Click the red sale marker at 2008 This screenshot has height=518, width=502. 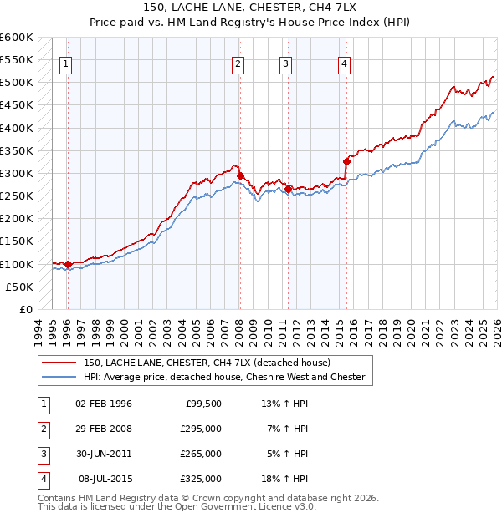pyautogui.click(x=240, y=176)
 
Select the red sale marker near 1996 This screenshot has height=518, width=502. pyautogui.click(x=68, y=264)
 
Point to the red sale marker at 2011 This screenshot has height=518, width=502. pyautogui.click(x=288, y=190)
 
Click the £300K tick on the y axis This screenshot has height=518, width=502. pyautogui.click(x=17, y=173)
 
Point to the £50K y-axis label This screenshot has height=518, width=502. pyautogui.click(x=19, y=287)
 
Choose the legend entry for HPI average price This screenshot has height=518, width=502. pyautogui.click(x=223, y=377)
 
